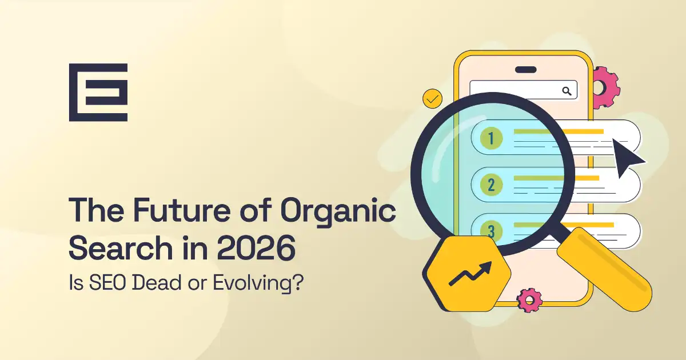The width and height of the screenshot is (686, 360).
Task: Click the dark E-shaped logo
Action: point(98,93)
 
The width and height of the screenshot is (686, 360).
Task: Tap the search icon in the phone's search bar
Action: point(567,90)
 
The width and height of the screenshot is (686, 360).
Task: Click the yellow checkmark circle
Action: point(432,99)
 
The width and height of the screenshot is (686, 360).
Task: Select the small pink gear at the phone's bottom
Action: point(529,299)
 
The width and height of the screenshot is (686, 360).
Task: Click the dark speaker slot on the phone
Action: point(525,70)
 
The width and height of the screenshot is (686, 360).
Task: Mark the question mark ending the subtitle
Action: point(297,283)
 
